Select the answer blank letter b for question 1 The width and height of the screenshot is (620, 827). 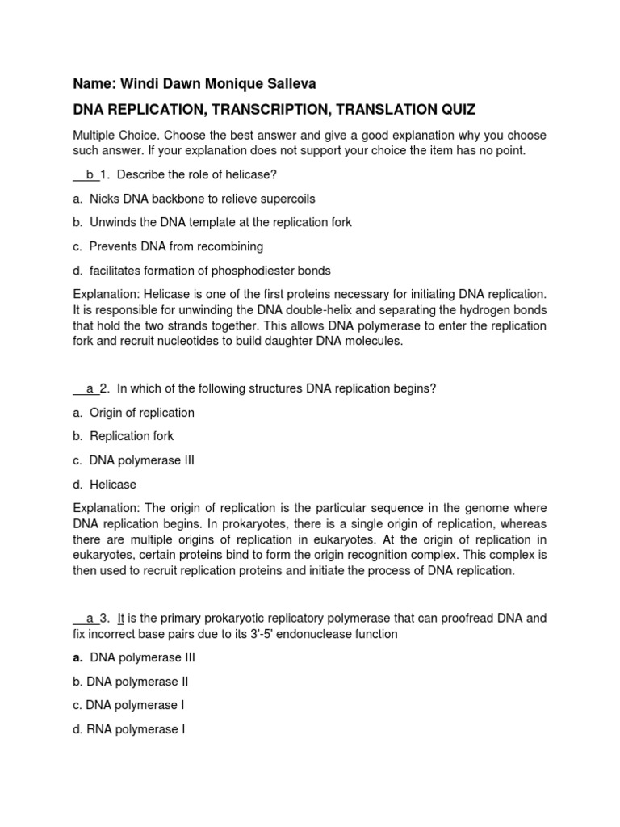tap(90, 174)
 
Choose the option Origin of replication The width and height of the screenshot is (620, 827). tap(141, 413)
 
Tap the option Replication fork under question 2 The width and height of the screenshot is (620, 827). tap(131, 436)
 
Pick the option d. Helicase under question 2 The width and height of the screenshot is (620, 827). tap(112, 485)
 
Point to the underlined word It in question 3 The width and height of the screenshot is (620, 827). tap(121, 619)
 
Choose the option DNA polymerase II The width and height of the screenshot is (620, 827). tap(136, 682)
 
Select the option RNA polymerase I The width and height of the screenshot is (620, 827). tap(136, 729)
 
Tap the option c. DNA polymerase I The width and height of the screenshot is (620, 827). tap(134, 705)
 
